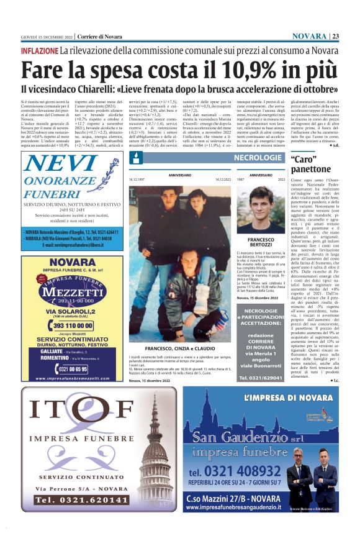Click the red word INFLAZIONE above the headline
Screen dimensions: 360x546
click(x=39, y=50)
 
